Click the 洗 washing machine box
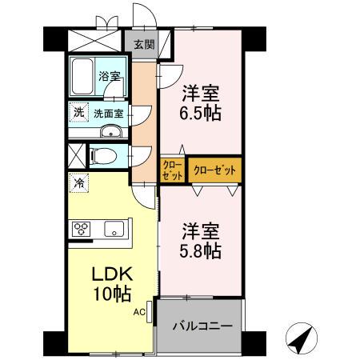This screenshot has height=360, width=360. click(78, 113)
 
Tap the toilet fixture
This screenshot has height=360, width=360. click(99, 156)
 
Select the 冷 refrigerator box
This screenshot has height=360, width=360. click(78, 183)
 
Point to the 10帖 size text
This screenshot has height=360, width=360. click(111, 294)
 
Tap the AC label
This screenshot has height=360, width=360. click(138, 313)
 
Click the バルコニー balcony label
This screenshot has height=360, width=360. click(203, 326)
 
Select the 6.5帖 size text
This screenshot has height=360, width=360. click(200, 111)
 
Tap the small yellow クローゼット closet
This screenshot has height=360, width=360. click(172, 170)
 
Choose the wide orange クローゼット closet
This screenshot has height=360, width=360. click(214, 170)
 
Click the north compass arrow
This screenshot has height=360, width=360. click(301, 340)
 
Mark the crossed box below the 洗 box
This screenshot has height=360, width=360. click(77, 155)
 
